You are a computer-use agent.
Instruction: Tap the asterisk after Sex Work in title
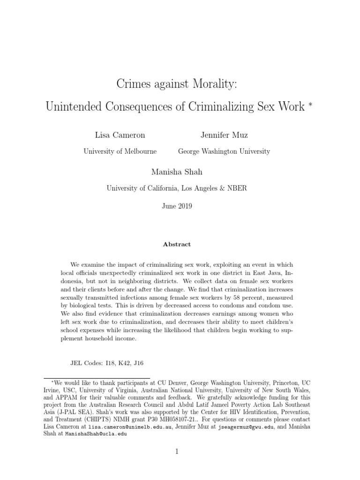tap(309, 105)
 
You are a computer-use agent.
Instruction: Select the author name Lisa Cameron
tap(120, 135)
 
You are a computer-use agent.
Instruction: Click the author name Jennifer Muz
tap(224, 135)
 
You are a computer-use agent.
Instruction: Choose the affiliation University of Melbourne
tap(120, 151)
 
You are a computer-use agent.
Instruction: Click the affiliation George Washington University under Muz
tap(224, 151)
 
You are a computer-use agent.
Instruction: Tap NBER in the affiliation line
tap(234, 188)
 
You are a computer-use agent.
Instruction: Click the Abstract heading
tap(176, 244)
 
